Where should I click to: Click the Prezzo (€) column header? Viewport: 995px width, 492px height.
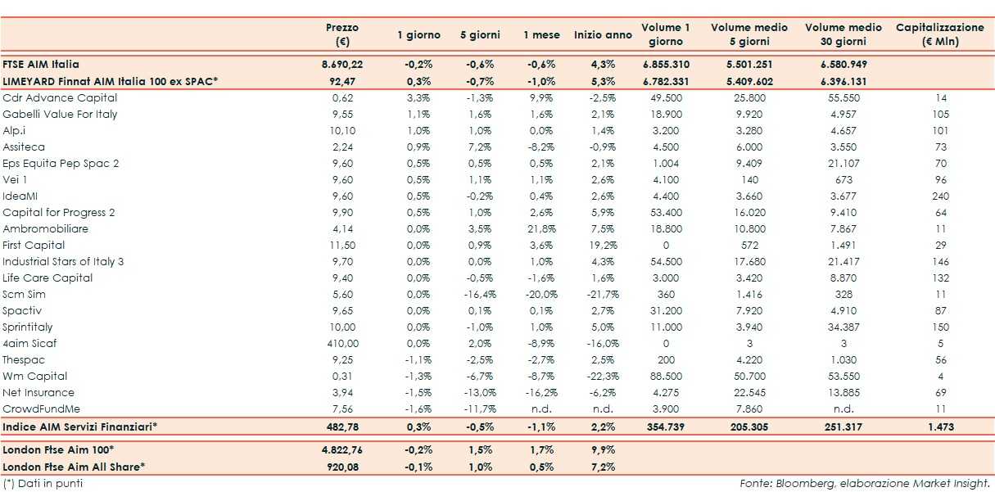coord(341,34)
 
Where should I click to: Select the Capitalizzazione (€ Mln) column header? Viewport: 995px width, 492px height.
coord(940,34)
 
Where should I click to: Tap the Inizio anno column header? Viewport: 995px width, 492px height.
coord(603,35)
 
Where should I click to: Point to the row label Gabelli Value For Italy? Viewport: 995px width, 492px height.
coord(60,114)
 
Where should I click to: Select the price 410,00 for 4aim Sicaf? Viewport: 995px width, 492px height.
coord(342,343)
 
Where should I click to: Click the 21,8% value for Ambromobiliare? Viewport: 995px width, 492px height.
coord(541,228)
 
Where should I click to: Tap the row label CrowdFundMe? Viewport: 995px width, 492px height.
coord(42,408)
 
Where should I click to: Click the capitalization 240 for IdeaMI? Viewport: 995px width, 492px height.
coord(940,196)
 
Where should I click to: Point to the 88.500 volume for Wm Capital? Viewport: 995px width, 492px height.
coord(665,376)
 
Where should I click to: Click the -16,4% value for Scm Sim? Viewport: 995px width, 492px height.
coord(477,294)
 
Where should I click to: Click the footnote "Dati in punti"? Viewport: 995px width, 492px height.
coord(43,483)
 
